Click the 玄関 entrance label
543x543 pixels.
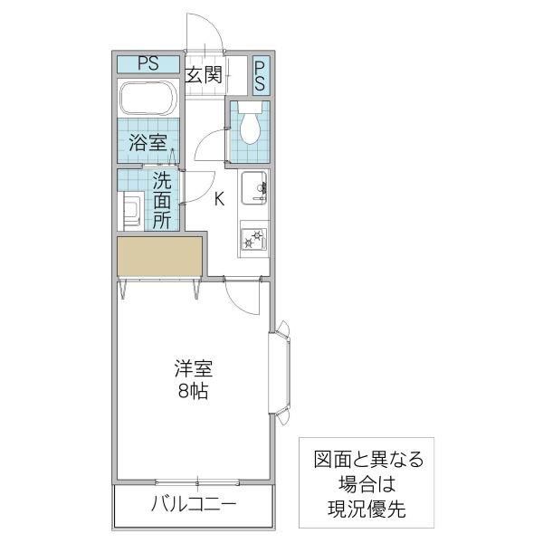[x=204, y=74]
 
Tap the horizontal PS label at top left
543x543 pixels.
[x=148, y=63]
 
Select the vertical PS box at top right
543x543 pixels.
[x=260, y=76]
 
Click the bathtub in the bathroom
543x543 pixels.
[x=148, y=99]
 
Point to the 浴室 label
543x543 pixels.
[x=148, y=142]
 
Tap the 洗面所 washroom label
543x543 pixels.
[x=162, y=200]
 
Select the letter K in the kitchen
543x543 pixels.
[x=219, y=199]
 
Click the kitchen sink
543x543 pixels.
[x=254, y=187]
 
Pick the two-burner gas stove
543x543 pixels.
[x=253, y=239]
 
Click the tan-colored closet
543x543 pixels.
[x=159, y=256]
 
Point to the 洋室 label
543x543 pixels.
[x=194, y=368]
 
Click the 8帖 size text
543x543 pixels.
[x=194, y=392]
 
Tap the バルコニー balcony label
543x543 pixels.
[x=194, y=503]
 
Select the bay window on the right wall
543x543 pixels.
[x=280, y=373]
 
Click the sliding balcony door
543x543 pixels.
[x=197, y=482]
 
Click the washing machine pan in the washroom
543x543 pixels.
[x=131, y=212]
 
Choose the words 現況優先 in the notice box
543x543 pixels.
[x=367, y=509]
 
